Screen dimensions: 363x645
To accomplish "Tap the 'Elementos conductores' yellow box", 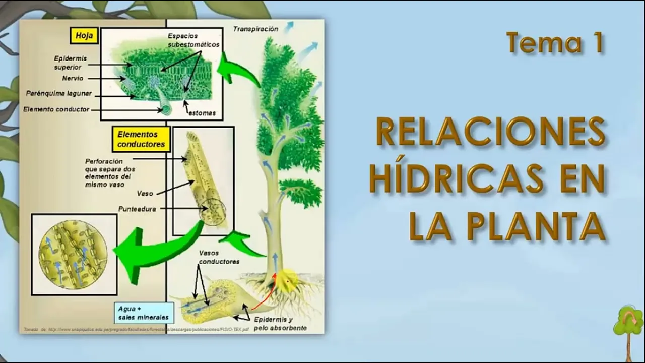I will point(141,139).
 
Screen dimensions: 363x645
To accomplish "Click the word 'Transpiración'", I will point(255,29).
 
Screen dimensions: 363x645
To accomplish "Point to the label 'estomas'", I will point(202,113).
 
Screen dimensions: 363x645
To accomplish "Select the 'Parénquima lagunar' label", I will point(58,94).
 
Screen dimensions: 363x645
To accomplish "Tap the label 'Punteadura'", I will point(137,209).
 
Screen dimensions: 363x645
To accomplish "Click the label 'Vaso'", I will point(145,193).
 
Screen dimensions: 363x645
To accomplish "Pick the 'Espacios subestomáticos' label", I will point(193,40).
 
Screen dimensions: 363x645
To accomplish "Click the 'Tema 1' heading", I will point(555,43).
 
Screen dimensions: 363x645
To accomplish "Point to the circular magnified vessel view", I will point(74,255).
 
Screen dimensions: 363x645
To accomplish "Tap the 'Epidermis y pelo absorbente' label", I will point(280,324).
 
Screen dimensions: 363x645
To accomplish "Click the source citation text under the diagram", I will point(136,329).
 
